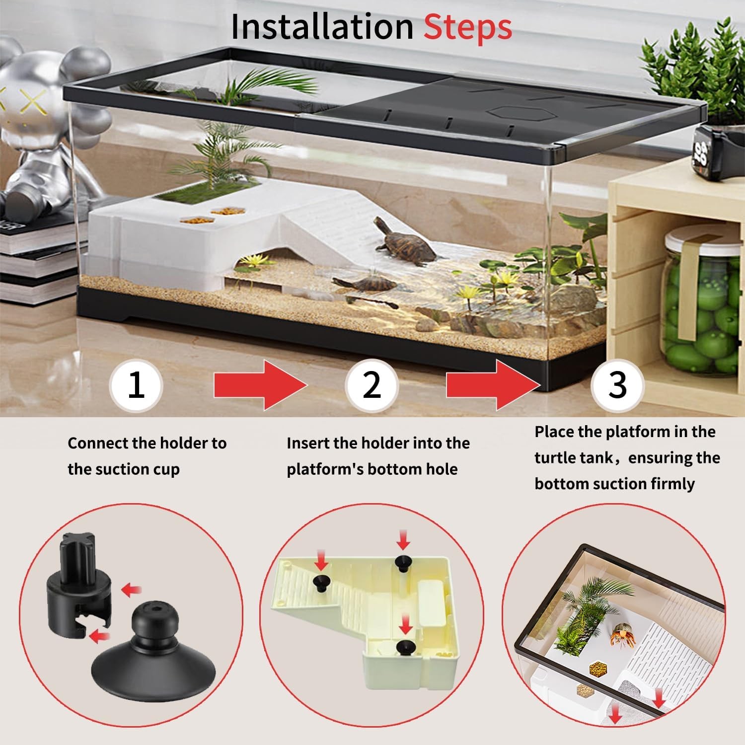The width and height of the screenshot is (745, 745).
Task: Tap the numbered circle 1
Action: [x=136, y=385]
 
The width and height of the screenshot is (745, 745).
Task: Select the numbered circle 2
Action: [x=372, y=385]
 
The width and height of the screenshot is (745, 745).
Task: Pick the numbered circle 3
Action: [x=617, y=385]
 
